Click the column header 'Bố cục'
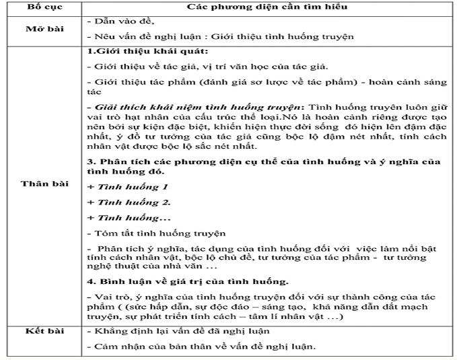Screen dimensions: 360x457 tap(43, 7)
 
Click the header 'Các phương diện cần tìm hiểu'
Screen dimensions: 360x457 tap(271, 7)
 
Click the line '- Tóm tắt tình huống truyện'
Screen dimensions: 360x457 tap(155, 233)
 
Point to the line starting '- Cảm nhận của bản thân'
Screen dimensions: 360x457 tap(202, 347)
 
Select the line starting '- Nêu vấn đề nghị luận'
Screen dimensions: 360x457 tap(221, 37)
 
